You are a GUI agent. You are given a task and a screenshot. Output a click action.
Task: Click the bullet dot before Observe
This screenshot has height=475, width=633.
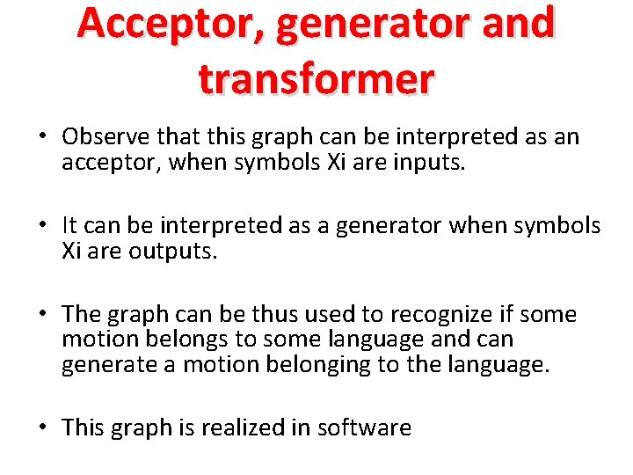pyautogui.click(x=42, y=138)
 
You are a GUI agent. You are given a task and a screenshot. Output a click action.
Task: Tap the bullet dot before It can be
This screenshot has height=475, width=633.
pyautogui.click(x=42, y=226)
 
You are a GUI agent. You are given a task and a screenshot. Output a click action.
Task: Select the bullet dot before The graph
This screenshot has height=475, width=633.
pyautogui.click(x=42, y=315)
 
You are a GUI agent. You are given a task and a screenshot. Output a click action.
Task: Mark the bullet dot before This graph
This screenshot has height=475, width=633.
pyautogui.click(x=42, y=428)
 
